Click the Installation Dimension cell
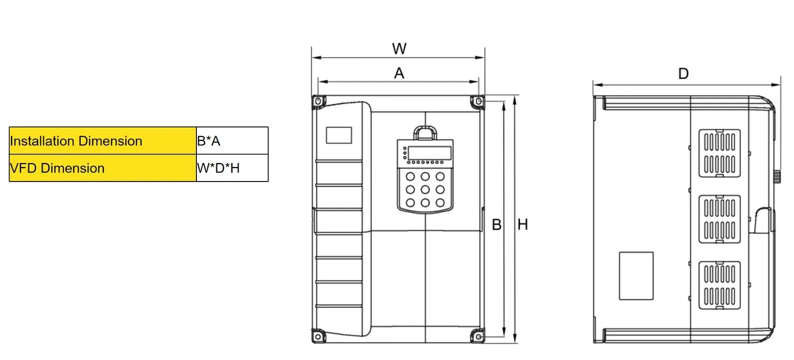point(102,141)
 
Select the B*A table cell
point(232,141)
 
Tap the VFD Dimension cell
point(102,168)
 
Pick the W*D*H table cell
point(232,168)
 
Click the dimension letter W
point(399,49)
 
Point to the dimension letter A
point(399,73)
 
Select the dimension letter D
point(683,74)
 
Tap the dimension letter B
point(496,224)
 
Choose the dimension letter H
point(523,224)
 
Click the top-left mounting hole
point(318,102)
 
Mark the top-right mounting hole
point(478,101)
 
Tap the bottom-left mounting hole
point(318,336)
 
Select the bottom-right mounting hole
point(478,337)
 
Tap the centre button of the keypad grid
point(425,189)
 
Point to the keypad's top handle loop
point(425,132)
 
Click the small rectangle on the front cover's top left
point(339,135)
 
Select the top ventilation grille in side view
point(719,153)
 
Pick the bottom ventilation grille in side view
point(719,285)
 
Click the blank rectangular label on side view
point(636,276)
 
